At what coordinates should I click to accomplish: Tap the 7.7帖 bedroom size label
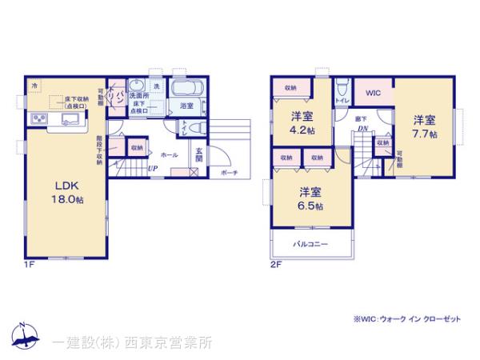coord(425,127)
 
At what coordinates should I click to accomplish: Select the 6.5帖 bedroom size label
coord(311,198)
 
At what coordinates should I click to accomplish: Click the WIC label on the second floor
coord(372,94)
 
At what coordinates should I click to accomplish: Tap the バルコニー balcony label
coord(310,243)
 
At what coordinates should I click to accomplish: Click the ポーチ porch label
coord(227,172)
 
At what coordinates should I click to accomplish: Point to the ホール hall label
coord(169,154)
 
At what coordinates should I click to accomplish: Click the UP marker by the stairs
coord(151,169)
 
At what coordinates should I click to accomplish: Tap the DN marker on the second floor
coord(362,129)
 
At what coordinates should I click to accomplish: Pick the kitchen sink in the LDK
coord(68,121)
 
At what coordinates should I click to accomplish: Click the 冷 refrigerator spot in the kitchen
coord(34,84)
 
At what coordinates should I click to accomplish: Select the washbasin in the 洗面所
coord(137,86)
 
